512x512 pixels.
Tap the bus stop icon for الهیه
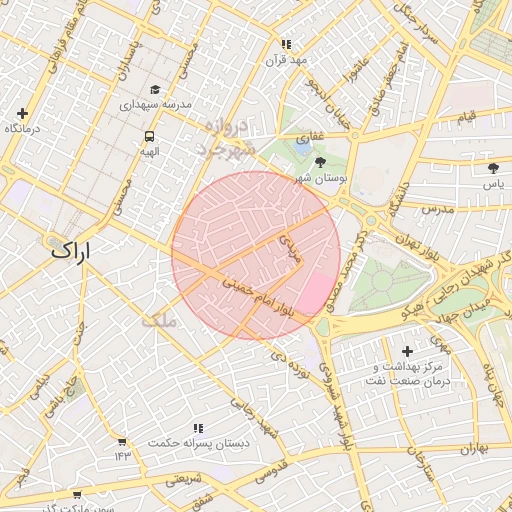click(149, 136)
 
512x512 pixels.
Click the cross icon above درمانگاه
click(22, 113)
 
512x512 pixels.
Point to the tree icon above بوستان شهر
click(320, 161)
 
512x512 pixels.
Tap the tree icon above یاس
click(493, 168)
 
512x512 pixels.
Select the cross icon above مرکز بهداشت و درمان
click(406, 351)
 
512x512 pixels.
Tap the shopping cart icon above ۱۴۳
click(122, 441)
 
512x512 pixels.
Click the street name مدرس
click(437, 210)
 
